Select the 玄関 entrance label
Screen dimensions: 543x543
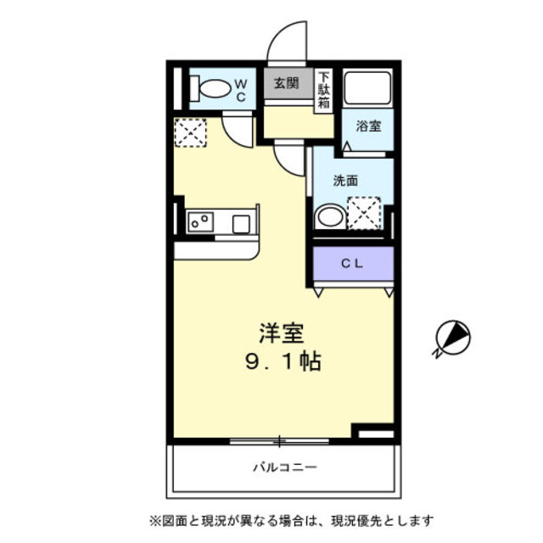click(287, 83)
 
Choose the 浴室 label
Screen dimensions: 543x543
click(368, 126)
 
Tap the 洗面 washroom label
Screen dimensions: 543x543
click(345, 181)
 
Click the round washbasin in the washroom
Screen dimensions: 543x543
click(328, 216)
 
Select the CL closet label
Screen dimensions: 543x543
click(352, 263)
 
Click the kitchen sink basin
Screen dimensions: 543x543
click(241, 223)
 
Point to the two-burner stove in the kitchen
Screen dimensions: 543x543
click(201, 222)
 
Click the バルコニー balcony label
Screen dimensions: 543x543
click(284, 467)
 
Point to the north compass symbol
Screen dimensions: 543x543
click(451, 337)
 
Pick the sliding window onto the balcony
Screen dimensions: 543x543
click(279, 440)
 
